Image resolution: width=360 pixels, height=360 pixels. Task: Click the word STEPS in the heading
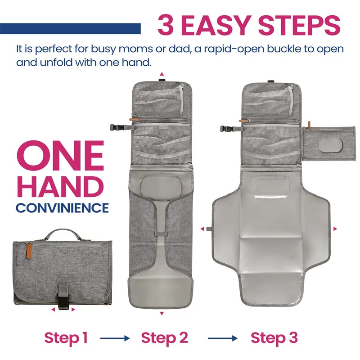299,25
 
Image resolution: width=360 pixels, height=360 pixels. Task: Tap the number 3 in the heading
166,25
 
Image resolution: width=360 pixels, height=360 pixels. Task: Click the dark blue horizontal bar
70,29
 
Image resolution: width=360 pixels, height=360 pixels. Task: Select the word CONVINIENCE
62,208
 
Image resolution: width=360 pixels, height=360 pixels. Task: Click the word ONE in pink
60,156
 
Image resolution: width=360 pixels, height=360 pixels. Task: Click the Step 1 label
66,338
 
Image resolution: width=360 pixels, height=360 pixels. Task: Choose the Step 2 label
165,338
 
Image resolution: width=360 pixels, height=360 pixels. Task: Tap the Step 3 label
274,338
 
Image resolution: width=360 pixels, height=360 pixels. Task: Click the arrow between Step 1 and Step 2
115,338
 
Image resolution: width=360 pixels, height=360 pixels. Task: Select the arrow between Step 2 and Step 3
223,338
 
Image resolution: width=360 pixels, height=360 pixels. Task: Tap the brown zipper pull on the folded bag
28,252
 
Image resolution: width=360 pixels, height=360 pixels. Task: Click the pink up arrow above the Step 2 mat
162,74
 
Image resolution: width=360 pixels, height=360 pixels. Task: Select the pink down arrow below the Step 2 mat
162,313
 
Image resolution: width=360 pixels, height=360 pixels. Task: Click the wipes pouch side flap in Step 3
329,143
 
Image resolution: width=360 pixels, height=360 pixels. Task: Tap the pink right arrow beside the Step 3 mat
335,229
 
